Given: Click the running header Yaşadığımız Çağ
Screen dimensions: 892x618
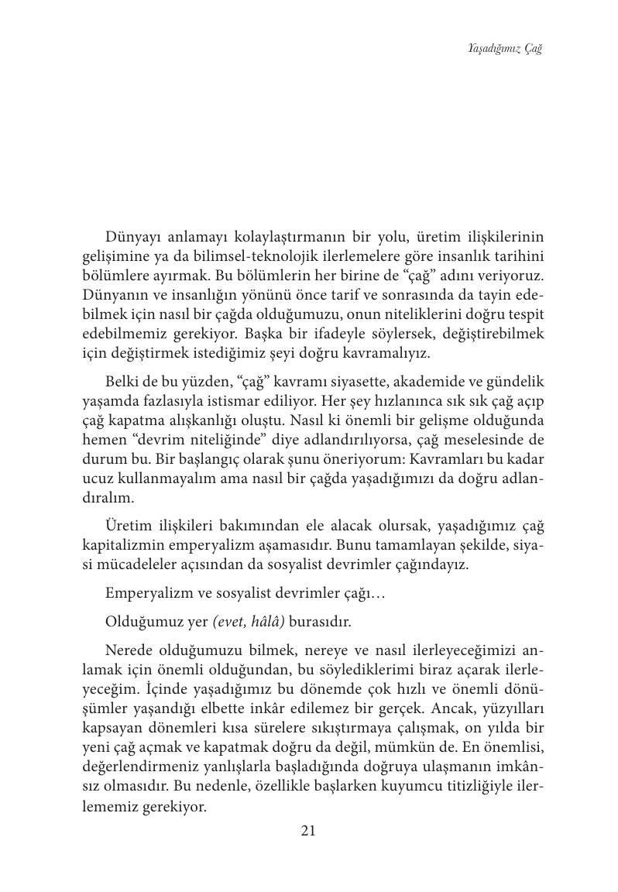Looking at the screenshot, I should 506,49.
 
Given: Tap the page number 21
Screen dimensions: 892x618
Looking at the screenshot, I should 307,831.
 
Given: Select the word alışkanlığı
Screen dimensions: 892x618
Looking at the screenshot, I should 188,421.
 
